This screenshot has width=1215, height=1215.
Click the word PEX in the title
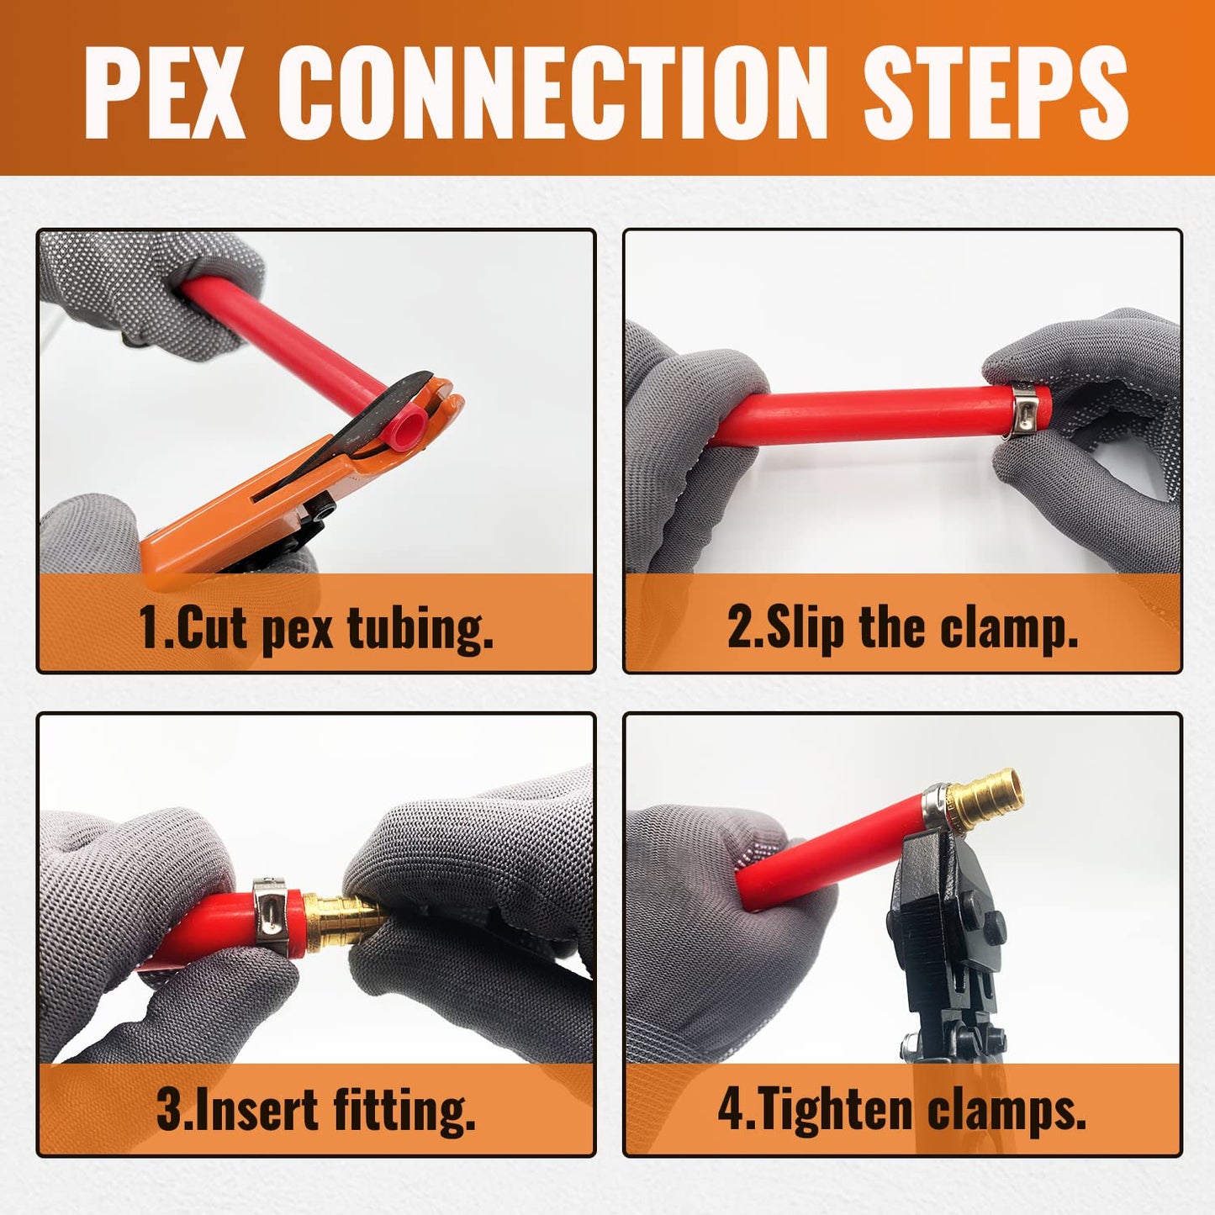click(x=164, y=92)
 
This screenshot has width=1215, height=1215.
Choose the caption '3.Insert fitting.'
click(x=316, y=1110)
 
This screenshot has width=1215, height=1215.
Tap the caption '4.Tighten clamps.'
click(x=902, y=1110)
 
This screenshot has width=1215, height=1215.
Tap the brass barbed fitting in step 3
click(x=341, y=918)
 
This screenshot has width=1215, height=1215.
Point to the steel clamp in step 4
click(x=935, y=805)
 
